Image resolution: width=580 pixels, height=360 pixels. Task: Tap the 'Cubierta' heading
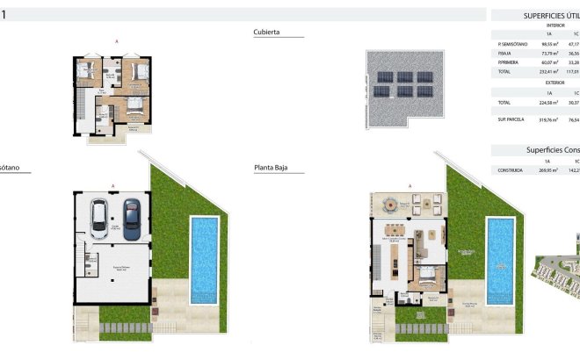[x=266, y=32]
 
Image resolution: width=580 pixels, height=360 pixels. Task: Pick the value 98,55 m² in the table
[x=548, y=43]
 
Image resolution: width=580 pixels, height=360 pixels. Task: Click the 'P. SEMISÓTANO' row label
[x=513, y=43]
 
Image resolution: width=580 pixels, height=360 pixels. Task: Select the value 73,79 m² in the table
[x=548, y=53]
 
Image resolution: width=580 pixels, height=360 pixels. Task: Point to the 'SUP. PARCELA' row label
[x=511, y=119]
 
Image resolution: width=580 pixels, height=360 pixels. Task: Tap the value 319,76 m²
[x=548, y=119]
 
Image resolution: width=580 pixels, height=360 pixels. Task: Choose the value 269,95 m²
[x=548, y=170]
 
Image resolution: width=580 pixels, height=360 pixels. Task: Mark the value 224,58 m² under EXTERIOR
[x=548, y=102]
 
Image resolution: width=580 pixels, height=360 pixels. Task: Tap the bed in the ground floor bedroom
[x=427, y=275]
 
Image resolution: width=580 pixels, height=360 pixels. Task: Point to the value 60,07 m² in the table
[x=548, y=62]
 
